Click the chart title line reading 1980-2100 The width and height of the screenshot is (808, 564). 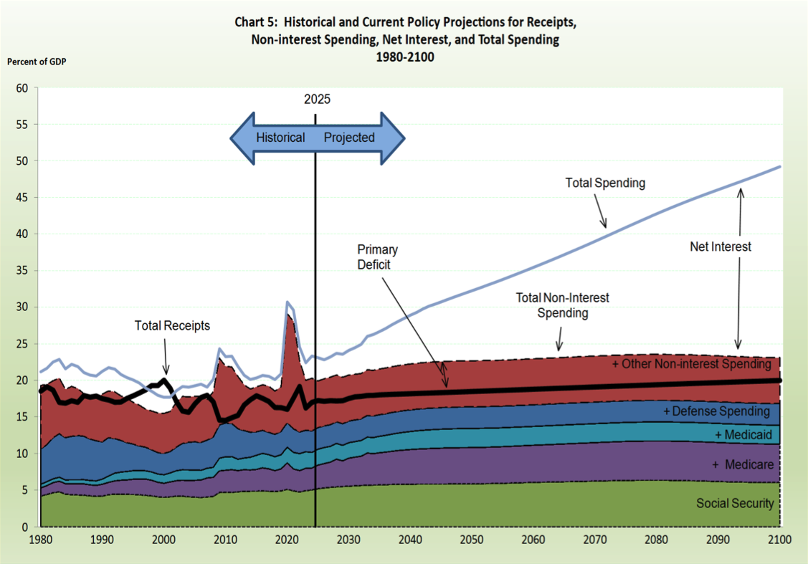pos(405,57)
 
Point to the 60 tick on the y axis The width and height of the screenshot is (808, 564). pos(22,88)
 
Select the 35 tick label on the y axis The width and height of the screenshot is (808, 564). pos(22,271)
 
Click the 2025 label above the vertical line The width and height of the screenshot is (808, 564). pos(317,99)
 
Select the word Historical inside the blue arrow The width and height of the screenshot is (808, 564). pos(280,138)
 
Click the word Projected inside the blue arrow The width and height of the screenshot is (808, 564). pos(349,138)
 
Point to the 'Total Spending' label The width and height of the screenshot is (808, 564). pos(605,183)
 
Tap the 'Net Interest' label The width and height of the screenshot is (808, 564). pos(721,247)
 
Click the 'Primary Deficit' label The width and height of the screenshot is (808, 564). pos(377,256)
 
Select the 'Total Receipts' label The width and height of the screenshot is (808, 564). pos(172,325)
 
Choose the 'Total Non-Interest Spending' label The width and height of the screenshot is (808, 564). pos(563,305)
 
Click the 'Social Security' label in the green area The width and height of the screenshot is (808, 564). pos(735,503)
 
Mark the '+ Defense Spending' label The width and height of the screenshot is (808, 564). pos(716,411)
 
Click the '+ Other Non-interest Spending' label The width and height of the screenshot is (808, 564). pos(691,364)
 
